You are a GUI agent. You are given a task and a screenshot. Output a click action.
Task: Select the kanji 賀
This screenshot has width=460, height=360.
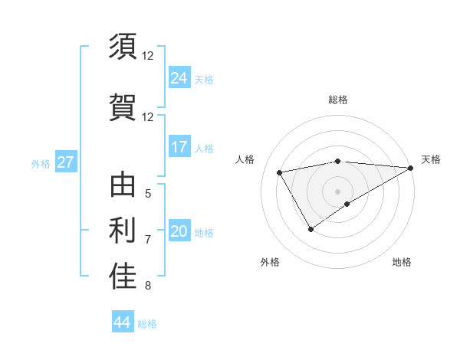123,106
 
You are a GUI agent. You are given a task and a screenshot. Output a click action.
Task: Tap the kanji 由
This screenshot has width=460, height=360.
123,187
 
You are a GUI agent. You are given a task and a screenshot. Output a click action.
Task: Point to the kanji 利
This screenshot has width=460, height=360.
123,230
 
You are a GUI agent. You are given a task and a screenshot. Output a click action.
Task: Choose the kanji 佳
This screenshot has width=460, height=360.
123,277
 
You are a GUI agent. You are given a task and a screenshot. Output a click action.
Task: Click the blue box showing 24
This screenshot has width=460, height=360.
179,78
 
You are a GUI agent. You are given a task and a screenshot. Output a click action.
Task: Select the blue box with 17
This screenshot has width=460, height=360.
179,147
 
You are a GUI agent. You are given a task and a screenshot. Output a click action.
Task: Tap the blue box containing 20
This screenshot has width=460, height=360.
179,232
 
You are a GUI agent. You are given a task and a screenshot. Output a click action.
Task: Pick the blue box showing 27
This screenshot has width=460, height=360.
65,162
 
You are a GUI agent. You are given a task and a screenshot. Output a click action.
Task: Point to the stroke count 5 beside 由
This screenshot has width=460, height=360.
147,194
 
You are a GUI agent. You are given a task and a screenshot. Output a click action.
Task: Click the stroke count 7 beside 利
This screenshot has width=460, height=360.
147,240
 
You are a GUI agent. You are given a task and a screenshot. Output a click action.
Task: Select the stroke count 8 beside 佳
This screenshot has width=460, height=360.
147,286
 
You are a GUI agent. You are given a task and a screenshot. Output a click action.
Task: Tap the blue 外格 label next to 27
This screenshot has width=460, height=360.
41,163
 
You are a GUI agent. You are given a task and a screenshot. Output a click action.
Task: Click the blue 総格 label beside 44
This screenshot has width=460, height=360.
147,324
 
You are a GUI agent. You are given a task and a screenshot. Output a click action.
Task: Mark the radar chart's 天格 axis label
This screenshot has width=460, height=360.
431,159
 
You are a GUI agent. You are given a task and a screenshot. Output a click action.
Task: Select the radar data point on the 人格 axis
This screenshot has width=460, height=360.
280,172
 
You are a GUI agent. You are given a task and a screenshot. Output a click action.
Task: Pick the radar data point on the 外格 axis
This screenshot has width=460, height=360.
310,228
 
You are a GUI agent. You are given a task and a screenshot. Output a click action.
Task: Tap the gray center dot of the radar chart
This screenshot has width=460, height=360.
337,191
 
